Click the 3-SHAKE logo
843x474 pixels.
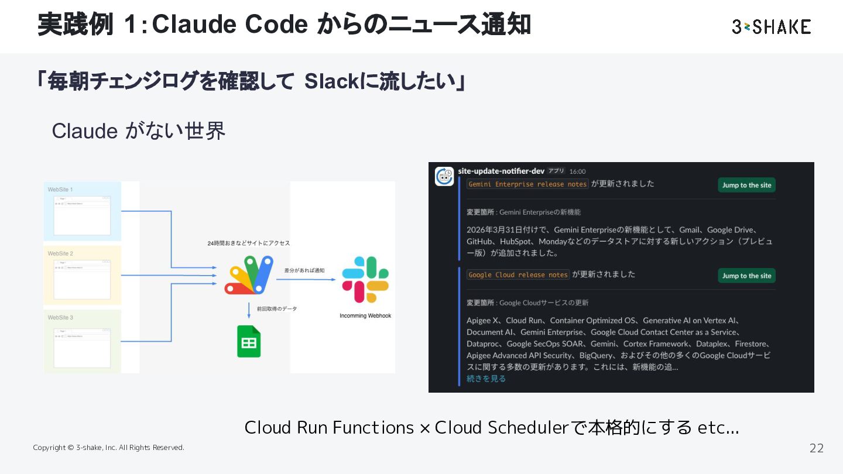tap(771, 26)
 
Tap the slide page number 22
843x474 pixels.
tap(816, 448)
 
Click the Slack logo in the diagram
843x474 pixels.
tap(365, 280)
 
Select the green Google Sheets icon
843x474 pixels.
tap(249, 341)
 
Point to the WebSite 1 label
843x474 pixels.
tap(60, 190)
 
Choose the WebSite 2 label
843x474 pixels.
tap(60, 253)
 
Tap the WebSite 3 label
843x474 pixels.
tap(60, 317)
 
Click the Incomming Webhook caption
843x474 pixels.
tap(365, 316)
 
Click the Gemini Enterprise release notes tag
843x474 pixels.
tap(527, 184)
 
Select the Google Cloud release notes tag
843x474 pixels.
tap(518, 274)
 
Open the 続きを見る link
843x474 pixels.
tap(486, 379)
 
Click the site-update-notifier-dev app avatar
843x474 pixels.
tap(444, 176)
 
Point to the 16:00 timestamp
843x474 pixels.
tap(577, 171)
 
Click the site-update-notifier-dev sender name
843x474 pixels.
tap(501, 171)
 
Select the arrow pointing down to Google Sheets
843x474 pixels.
tap(249, 311)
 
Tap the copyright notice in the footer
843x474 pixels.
tap(108, 448)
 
